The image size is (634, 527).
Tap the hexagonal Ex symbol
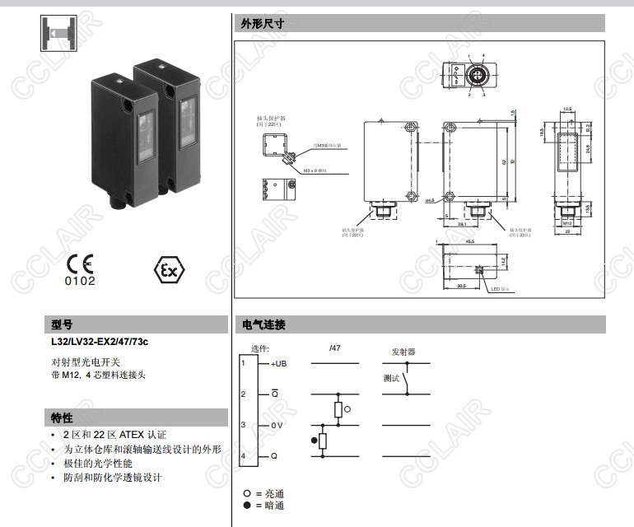[x=170, y=270]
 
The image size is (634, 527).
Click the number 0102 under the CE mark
[x=80, y=281]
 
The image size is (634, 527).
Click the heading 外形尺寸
[x=263, y=24]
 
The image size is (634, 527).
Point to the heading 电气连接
[x=263, y=325]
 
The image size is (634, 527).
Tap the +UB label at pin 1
[x=279, y=363]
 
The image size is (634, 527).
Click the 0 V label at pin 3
[x=277, y=425]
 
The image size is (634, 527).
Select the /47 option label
[x=335, y=349]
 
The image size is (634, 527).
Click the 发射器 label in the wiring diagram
[x=403, y=352]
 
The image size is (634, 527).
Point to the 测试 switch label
[x=391, y=379]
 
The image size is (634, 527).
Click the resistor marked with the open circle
[x=338, y=409]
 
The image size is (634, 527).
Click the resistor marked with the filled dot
[x=322, y=441]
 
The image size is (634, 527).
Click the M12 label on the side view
[x=567, y=222]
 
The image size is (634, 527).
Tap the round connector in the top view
[x=476, y=74]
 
